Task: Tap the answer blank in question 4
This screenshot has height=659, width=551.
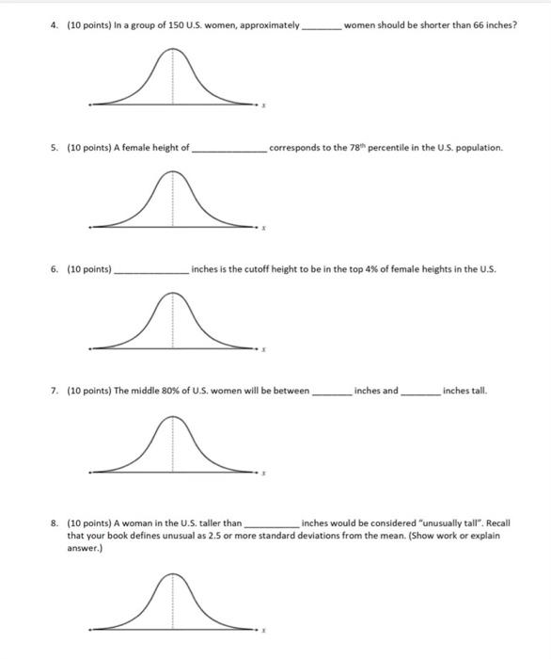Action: (x=323, y=26)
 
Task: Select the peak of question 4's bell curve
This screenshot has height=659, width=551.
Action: (x=171, y=54)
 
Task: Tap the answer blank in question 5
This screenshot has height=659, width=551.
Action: (x=229, y=149)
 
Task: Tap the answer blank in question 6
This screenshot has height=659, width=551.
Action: (x=150, y=271)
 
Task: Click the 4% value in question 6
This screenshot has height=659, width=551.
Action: (x=351, y=269)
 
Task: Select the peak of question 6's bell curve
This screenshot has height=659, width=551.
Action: (x=171, y=295)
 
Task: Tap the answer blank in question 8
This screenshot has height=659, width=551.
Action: (x=271, y=523)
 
